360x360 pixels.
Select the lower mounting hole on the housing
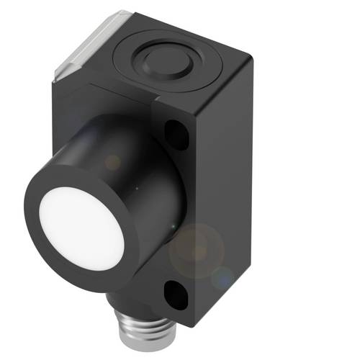(x=176, y=293)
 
